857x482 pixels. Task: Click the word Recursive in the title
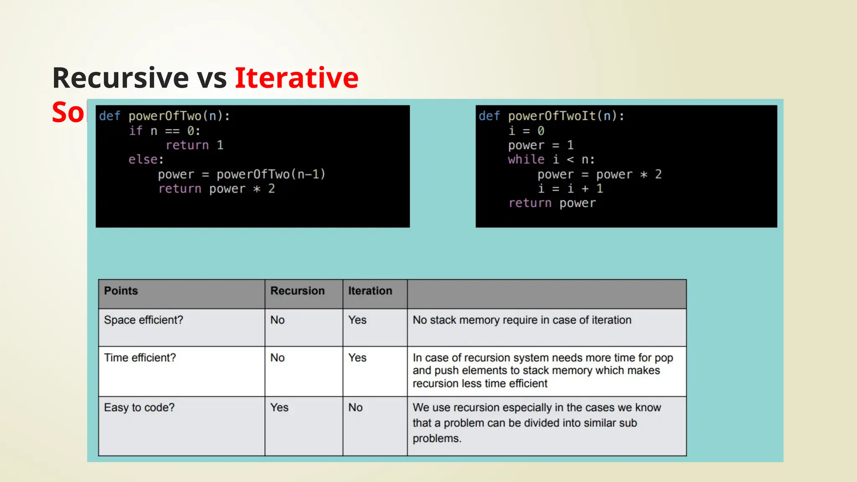(121, 78)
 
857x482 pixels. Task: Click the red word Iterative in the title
(296, 78)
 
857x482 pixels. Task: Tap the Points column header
(121, 291)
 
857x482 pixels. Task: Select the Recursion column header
(297, 291)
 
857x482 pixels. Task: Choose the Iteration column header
(370, 291)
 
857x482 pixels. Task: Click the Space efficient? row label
(144, 320)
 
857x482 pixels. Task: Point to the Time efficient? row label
(140, 358)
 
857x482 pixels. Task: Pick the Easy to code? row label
(139, 408)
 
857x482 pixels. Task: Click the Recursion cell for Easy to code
(279, 408)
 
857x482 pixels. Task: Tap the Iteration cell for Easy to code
(355, 408)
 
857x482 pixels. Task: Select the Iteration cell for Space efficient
(357, 320)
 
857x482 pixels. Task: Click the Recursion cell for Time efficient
(277, 358)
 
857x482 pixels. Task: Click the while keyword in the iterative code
(526, 159)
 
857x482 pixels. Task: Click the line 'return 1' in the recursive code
(195, 145)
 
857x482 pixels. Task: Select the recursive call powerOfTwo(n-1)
(271, 174)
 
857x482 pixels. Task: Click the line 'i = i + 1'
(570, 189)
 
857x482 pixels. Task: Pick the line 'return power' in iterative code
(552, 203)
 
